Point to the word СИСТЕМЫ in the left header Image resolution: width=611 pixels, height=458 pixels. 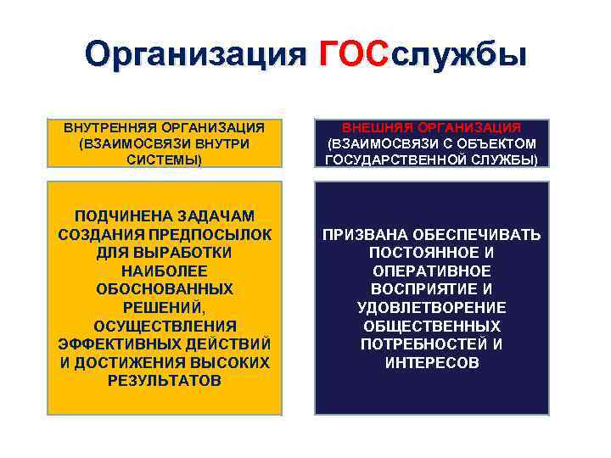(x=164, y=159)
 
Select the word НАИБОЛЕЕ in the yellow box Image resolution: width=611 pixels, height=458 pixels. (x=164, y=271)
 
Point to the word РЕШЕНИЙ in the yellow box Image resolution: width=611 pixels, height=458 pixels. (x=162, y=308)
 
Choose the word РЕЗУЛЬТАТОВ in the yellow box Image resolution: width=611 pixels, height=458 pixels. (x=164, y=381)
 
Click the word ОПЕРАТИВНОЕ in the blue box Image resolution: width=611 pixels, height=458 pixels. (x=430, y=271)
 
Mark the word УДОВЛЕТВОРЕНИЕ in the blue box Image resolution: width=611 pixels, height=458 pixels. (x=431, y=308)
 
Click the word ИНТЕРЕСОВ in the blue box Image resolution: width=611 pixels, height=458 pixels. (x=430, y=363)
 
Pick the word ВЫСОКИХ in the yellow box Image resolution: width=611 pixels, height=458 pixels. (x=230, y=363)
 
